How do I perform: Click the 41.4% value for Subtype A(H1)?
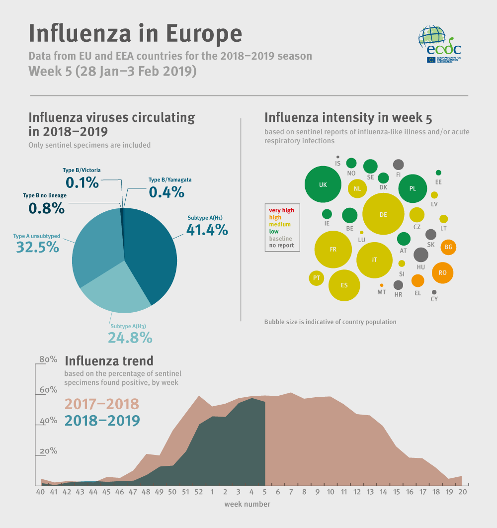[207, 230]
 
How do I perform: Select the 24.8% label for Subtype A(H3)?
[130, 338]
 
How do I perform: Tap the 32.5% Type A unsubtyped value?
[38, 247]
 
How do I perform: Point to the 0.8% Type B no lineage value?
[46, 208]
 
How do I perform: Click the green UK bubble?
[323, 184]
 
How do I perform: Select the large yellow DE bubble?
[383, 214]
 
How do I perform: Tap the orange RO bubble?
[442, 272]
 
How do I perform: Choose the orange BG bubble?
[448, 247]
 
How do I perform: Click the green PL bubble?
[412, 189]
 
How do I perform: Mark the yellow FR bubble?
[333, 249]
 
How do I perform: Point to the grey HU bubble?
[420, 255]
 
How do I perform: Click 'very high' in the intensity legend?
[281, 210]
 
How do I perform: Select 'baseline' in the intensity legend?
[280, 239]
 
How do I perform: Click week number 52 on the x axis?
[199, 492]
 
